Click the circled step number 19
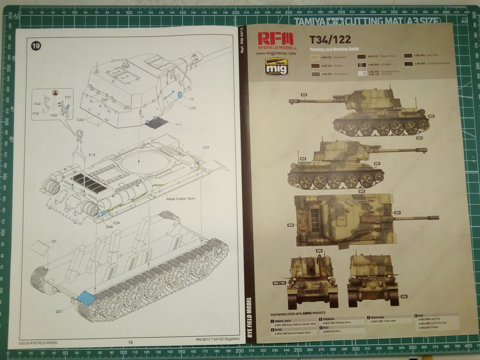tap(36, 46)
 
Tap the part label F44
tap(37, 104)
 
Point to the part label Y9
tap(191, 99)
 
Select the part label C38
tap(192, 108)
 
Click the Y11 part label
tap(178, 125)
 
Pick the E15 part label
tap(92, 155)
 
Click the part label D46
tap(110, 227)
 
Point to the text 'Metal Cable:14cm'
tap(181, 199)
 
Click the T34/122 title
tap(330, 40)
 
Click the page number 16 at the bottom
tap(130, 342)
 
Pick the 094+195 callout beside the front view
tap(279, 283)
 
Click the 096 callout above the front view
tap(319, 251)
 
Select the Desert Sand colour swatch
tap(315, 57)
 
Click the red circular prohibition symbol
tap(55, 92)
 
